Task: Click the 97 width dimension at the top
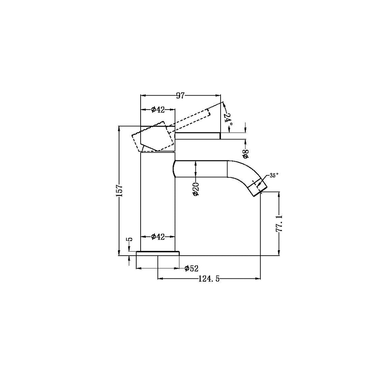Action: coord(180,95)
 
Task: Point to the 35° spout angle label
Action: coord(274,175)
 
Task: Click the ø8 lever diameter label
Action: coord(246,154)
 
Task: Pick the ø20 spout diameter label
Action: coord(195,189)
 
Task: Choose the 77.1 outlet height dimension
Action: coord(279,223)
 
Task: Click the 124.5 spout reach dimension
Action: coord(209,279)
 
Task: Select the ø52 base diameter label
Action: coord(191,268)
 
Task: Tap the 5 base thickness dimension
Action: coord(130,240)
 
